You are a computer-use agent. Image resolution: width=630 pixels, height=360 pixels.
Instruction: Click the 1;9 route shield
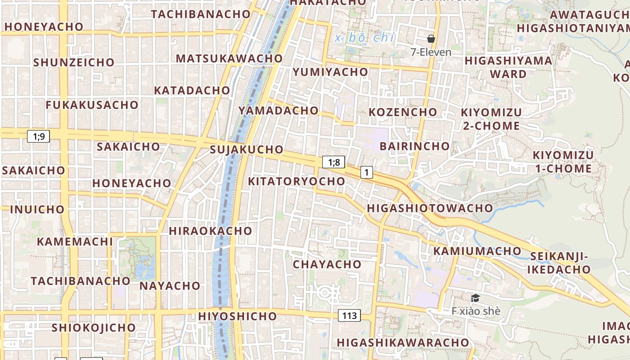point(39,136)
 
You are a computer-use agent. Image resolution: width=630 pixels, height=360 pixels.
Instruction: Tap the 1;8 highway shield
point(333,162)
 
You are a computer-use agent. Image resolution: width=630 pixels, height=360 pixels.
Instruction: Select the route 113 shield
point(349,315)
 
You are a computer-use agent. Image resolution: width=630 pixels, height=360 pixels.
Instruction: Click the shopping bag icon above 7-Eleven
point(431,39)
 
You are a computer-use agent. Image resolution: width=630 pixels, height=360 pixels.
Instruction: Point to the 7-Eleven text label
point(431,52)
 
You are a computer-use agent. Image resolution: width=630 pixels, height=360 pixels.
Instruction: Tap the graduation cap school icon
point(475,298)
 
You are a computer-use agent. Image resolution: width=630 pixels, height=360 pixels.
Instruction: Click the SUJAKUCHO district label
point(247,149)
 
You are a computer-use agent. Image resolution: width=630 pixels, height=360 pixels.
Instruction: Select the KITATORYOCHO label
point(297,181)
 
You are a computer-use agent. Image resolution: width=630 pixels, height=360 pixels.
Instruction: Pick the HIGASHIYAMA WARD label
point(508,67)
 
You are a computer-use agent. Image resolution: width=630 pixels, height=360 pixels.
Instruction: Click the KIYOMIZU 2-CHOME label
point(491,119)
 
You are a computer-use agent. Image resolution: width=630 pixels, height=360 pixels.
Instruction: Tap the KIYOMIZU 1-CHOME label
point(563,162)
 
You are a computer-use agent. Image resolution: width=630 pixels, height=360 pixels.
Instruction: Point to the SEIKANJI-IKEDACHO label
point(559,263)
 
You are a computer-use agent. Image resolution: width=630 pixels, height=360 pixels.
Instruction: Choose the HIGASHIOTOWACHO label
point(430,208)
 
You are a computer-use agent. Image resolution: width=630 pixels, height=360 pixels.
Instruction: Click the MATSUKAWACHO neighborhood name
point(229,58)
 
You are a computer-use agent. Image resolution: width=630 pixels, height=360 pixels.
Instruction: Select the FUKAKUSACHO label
point(92,105)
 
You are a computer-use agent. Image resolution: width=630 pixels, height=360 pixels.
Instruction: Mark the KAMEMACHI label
point(75,241)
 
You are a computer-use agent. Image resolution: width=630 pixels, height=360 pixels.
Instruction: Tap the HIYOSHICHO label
point(238,316)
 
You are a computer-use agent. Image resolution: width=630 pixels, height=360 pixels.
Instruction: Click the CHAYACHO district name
point(327,264)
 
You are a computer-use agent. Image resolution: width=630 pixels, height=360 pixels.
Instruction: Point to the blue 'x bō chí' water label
point(364,38)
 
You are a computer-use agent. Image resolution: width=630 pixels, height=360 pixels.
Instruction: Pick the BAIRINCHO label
point(414,146)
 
